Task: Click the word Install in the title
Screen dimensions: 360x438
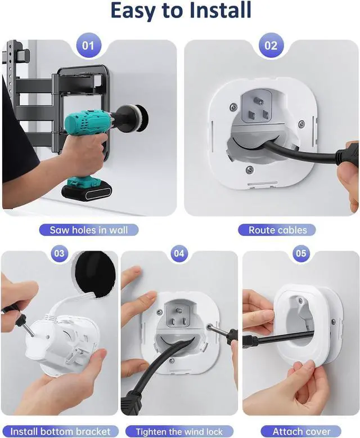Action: pos(220,10)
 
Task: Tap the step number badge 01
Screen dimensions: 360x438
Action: pos(88,46)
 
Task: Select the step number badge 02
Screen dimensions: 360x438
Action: pos(271,46)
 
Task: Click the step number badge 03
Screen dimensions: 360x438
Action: pos(59,253)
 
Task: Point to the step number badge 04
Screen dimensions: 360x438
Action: pos(179,253)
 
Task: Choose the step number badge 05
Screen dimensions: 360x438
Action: pos(301,253)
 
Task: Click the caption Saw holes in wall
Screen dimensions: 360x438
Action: pos(89,230)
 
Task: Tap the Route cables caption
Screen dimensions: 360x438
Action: pos(277,230)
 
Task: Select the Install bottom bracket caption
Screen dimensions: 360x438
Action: pos(60,431)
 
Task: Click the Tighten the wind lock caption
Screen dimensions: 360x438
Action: pos(179,431)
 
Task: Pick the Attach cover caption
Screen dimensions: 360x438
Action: pos(301,431)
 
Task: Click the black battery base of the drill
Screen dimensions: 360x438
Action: pos(87,190)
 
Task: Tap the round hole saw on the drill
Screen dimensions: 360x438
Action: pos(139,118)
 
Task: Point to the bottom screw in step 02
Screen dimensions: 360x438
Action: pos(250,169)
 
